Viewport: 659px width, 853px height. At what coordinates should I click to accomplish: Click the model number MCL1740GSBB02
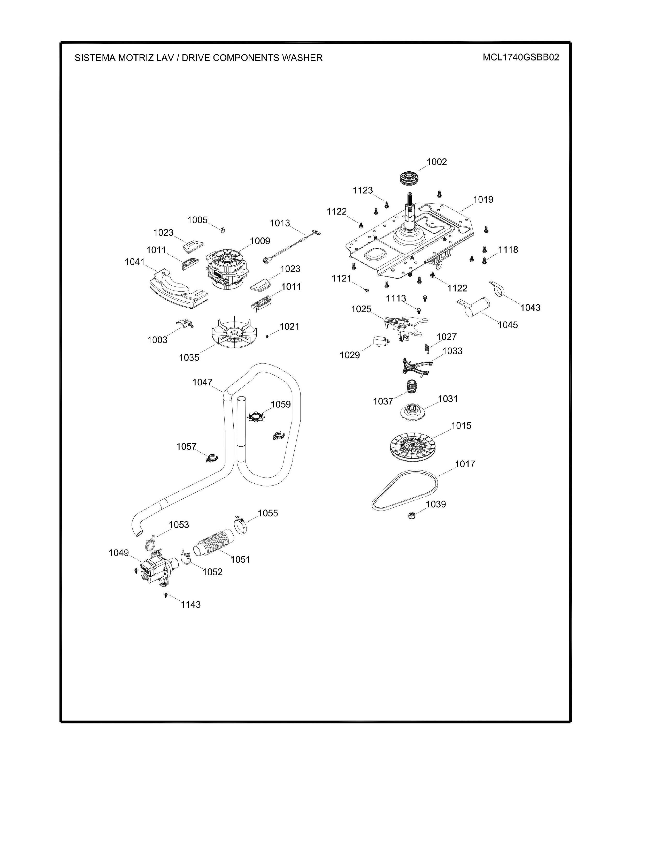point(521,57)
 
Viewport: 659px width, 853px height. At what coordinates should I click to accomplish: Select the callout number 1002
point(436,162)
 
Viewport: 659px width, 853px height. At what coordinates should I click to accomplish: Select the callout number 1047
point(202,382)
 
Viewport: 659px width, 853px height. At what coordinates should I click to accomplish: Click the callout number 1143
point(190,605)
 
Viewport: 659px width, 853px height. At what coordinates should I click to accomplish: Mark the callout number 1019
point(483,200)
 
